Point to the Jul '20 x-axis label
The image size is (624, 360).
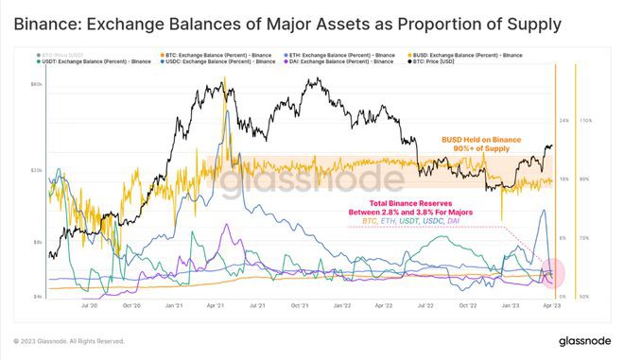92,306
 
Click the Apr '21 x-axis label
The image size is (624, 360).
214,306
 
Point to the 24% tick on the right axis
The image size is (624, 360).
563,121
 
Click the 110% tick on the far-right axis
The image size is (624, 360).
584,121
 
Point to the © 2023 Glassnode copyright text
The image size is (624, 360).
68,340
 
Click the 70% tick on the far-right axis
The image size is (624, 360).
584,237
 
